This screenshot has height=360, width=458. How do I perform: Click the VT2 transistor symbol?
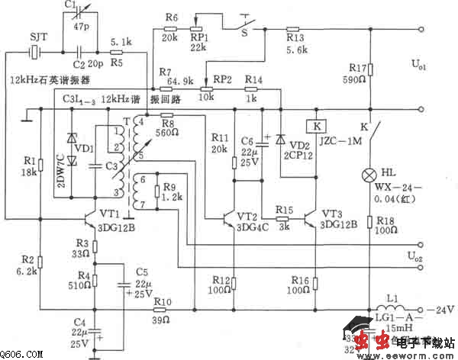230,218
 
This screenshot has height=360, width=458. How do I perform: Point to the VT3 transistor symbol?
310,218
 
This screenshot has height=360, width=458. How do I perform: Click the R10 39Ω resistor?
162,310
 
